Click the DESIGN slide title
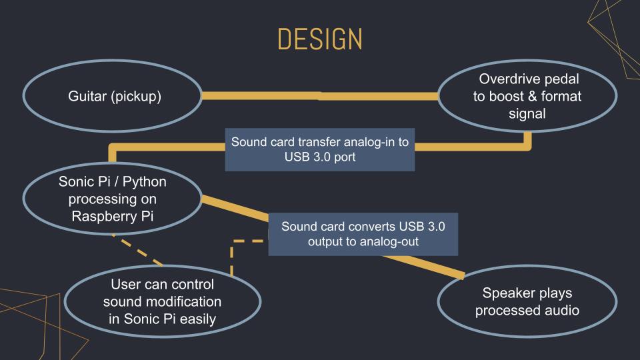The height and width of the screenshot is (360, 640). [x=320, y=40]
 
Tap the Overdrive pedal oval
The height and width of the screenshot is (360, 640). [x=527, y=97]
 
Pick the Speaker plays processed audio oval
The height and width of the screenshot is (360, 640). [x=527, y=302]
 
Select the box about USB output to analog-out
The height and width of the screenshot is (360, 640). [x=363, y=234]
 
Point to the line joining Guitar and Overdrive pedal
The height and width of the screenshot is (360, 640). [x=320, y=96]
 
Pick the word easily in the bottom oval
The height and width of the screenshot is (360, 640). [x=197, y=319]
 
